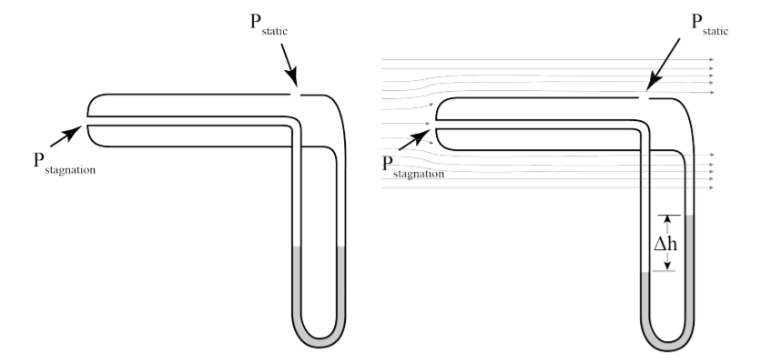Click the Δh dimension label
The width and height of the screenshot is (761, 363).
pos(668,243)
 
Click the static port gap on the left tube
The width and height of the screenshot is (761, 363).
pos(294,93)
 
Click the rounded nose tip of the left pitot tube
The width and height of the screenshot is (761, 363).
pos(86,119)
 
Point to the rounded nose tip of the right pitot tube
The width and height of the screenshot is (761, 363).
pos(436,124)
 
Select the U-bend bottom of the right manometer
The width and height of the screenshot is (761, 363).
pos(667,344)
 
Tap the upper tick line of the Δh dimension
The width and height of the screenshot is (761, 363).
pos(667,216)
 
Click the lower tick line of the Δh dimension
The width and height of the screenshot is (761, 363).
pos(667,270)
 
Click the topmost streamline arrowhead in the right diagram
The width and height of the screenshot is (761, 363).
pos(710,60)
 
